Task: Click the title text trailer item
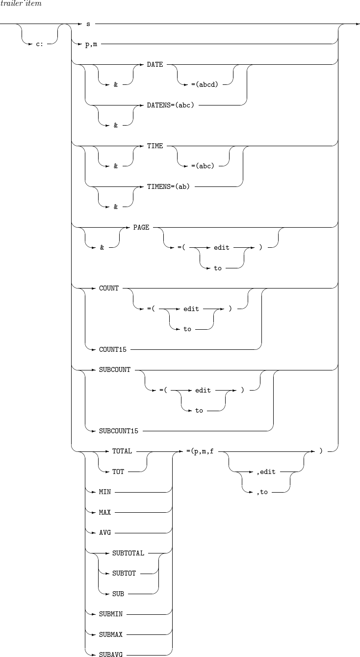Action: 21,4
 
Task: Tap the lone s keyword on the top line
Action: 87,24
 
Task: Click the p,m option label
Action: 91,44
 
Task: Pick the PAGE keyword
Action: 141,228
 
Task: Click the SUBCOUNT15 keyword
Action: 119,431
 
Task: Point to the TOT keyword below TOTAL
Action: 118,472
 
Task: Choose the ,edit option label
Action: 266,472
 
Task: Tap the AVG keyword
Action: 105,532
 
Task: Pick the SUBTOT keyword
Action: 123,573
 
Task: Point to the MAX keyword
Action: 105,512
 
